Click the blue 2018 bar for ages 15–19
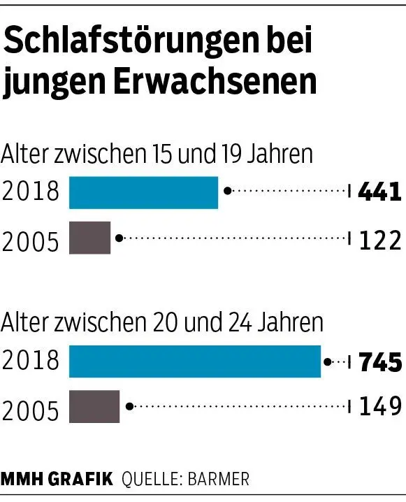143,192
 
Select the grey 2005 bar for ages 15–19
90,238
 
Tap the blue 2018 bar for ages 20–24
195,361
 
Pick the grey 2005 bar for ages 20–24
94,406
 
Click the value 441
379,192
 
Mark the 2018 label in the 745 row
31,361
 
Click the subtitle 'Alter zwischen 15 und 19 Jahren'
157,153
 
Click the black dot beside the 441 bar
226,190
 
